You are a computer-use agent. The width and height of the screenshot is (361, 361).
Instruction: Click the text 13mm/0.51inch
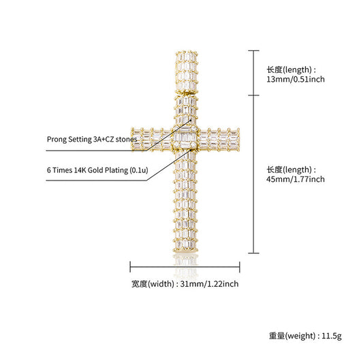tap(296, 79)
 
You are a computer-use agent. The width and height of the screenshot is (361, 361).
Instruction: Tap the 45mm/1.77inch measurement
tap(296, 179)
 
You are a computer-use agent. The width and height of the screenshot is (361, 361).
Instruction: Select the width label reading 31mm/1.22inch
tap(209, 284)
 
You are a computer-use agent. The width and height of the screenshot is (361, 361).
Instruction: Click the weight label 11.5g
tap(332, 336)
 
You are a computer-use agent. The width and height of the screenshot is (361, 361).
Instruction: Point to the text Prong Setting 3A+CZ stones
tap(92, 139)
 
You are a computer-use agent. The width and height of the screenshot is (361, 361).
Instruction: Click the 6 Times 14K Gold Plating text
tap(97, 170)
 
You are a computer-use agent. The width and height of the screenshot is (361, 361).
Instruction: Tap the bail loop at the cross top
tap(187, 72)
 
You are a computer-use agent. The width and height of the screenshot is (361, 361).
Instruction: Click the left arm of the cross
tap(152, 139)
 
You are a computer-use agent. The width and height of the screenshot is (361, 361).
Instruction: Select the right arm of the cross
tap(219, 139)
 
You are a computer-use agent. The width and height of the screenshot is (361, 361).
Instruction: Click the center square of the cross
tap(185, 138)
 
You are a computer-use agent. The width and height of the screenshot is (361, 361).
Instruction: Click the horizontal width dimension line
tap(185, 267)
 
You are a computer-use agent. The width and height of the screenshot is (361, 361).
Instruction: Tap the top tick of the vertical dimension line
tap(253, 50)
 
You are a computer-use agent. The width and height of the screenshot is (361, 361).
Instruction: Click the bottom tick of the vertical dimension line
tap(253, 253)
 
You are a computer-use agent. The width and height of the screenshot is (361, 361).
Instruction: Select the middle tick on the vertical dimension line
tap(253, 95)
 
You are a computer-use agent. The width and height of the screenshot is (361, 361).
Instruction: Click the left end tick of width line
tap(130, 267)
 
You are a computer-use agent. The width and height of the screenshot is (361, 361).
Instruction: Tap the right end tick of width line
tap(240, 267)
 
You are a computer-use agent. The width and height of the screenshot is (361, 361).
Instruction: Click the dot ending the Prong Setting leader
tap(191, 120)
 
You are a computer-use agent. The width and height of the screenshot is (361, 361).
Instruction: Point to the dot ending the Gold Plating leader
tap(191, 150)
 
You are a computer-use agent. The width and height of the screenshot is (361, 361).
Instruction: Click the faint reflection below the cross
tap(185, 265)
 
